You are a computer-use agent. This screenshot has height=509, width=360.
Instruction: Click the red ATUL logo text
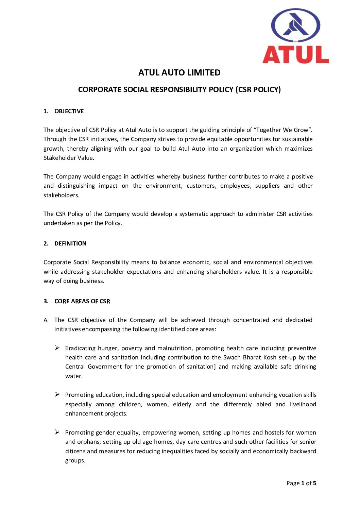click(295, 54)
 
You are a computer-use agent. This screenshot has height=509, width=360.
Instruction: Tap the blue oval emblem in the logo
click(295, 26)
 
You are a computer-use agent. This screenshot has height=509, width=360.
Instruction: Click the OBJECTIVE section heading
click(69, 112)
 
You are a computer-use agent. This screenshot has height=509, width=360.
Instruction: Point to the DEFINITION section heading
click(70, 244)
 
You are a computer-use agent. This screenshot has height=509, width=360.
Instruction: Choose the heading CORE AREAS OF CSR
click(82, 302)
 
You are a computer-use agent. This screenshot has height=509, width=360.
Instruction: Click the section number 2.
click(46, 244)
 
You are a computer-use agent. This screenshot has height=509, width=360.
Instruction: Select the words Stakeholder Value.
click(68, 158)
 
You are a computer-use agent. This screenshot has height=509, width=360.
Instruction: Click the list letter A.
click(46, 320)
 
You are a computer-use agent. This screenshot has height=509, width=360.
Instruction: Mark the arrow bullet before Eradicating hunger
click(57, 348)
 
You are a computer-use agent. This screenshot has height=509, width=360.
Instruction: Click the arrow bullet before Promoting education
click(57, 394)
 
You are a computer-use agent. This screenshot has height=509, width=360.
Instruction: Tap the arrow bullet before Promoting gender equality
click(57, 432)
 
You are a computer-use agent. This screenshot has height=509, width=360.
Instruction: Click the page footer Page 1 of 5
click(301, 483)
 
